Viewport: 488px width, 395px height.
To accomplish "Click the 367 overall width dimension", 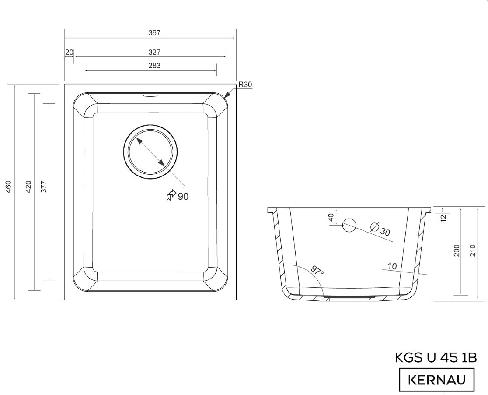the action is [x=154, y=33].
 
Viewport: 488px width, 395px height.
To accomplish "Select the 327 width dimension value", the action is [x=154, y=53].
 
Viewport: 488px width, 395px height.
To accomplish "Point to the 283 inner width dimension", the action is [x=154, y=66].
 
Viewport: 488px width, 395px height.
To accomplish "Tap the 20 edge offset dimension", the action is [x=69, y=53].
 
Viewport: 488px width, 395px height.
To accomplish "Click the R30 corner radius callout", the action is [x=245, y=85].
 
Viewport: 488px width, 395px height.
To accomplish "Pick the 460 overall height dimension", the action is [x=8, y=187].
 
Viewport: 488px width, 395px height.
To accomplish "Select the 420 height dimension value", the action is [x=28, y=187].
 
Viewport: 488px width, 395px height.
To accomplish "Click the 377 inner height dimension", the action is [x=44, y=187].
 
